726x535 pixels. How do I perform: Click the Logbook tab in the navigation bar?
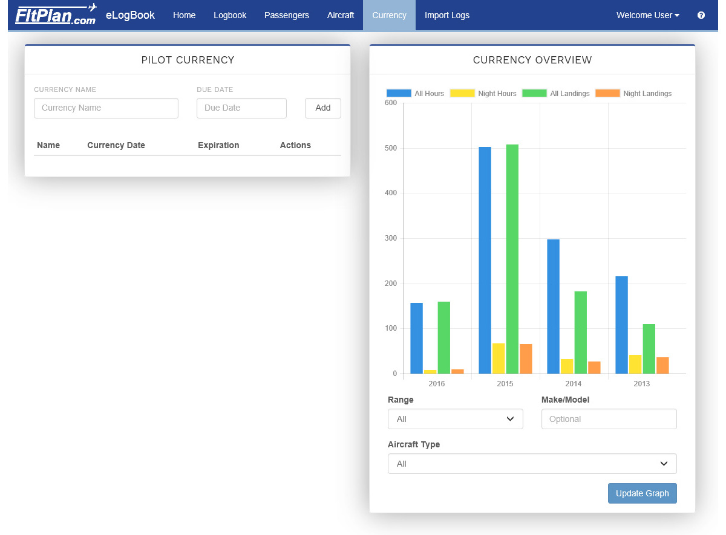[230, 15]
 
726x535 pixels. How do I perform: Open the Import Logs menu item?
[446, 15]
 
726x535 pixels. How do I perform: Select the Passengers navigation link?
[286, 15]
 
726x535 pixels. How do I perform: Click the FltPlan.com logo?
[56, 15]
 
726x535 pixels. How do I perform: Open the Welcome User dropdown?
[647, 15]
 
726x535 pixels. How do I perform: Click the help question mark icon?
[701, 15]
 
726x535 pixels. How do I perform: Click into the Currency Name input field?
[106, 108]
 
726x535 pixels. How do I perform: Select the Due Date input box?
[241, 108]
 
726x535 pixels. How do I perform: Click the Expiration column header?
[218, 145]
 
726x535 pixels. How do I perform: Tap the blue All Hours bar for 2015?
[485, 260]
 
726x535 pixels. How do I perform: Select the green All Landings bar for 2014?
[580, 332]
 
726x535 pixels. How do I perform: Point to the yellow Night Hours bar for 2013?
[635, 364]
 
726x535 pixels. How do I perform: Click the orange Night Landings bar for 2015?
[526, 358]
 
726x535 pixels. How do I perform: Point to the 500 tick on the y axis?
[391, 148]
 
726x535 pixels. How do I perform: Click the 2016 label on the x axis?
[436, 384]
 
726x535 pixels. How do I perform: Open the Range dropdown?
[455, 419]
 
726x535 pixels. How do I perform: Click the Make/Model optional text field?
[609, 419]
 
